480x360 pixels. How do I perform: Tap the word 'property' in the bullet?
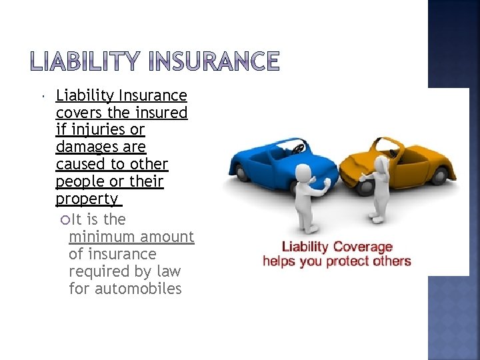pos(87,199)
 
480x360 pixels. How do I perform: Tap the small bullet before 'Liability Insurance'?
pos(42,97)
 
